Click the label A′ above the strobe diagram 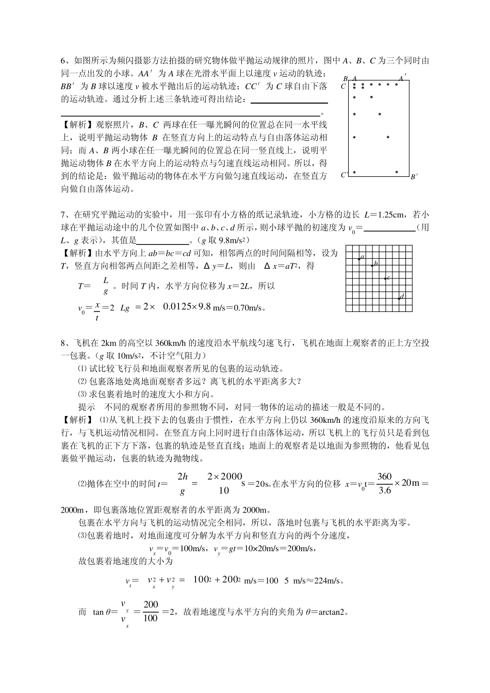pyautogui.click(x=402, y=78)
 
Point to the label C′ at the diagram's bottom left pyautogui.click(x=344, y=175)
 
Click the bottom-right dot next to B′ pyautogui.click(x=396, y=172)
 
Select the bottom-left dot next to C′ pyautogui.click(x=354, y=172)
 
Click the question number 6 pyautogui.click(x=63, y=61)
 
